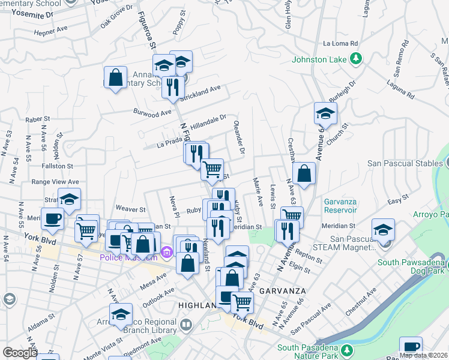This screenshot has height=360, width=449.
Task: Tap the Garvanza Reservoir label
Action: click(343, 205)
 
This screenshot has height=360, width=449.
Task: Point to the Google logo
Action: click(20, 353)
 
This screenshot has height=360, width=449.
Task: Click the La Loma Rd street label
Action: click(340, 44)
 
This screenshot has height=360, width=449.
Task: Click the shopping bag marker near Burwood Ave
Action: click(115, 78)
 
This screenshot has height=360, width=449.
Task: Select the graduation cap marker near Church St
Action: click(325, 113)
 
